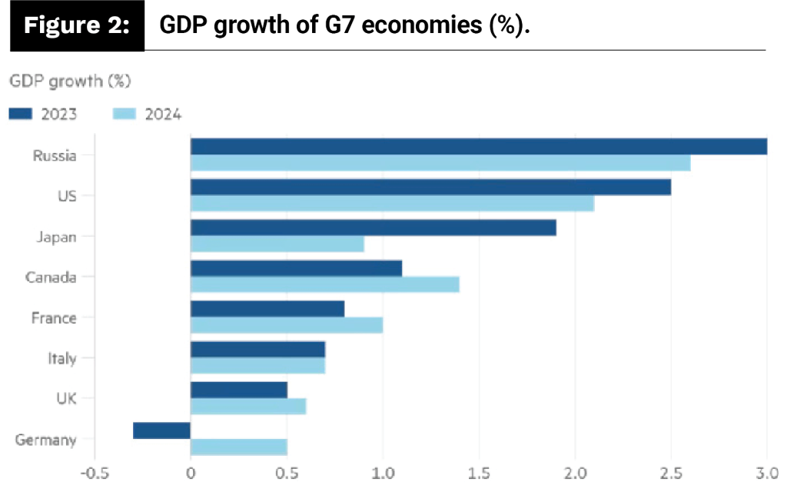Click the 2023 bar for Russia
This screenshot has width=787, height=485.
pyautogui.click(x=478, y=146)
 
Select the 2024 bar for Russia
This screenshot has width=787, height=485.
pyautogui.click(x=440, y=163)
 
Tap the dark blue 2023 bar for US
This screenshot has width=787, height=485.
pyautogui.click(x=430, y=187)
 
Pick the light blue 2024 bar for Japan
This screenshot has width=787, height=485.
pyautogui.click(x=277, y=244)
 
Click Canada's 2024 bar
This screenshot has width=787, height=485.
pyautogui.click(x=324, y=284)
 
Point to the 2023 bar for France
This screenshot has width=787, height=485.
pyautogui.click(x=267, y=309)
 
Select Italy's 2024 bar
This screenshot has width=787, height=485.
pyautogui.click(x=257, y=366)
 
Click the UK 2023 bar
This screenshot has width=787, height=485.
pyautogui.click(x=238, y=390)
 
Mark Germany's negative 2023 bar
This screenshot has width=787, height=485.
pyautogui.click(x=161, y=430)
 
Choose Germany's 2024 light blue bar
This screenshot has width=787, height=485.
pyautogui.click(x=238, y=447)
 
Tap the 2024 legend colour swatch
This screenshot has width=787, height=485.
pyautogui.click(x=124, y=114)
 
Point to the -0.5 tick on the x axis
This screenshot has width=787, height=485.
pyautogui.click(x=94, y=472)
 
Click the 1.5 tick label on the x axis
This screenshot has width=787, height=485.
pyautogui.click(x=479, y=472)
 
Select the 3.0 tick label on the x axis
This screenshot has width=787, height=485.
pyautogui.click(x=766, y=472)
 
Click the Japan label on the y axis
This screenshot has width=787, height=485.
pyautogui.click(x=57, y=237)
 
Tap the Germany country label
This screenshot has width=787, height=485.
pyautogui.click(x=46, y=440)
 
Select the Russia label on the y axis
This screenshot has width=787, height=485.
pyautogui.click(x=55, y=156)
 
